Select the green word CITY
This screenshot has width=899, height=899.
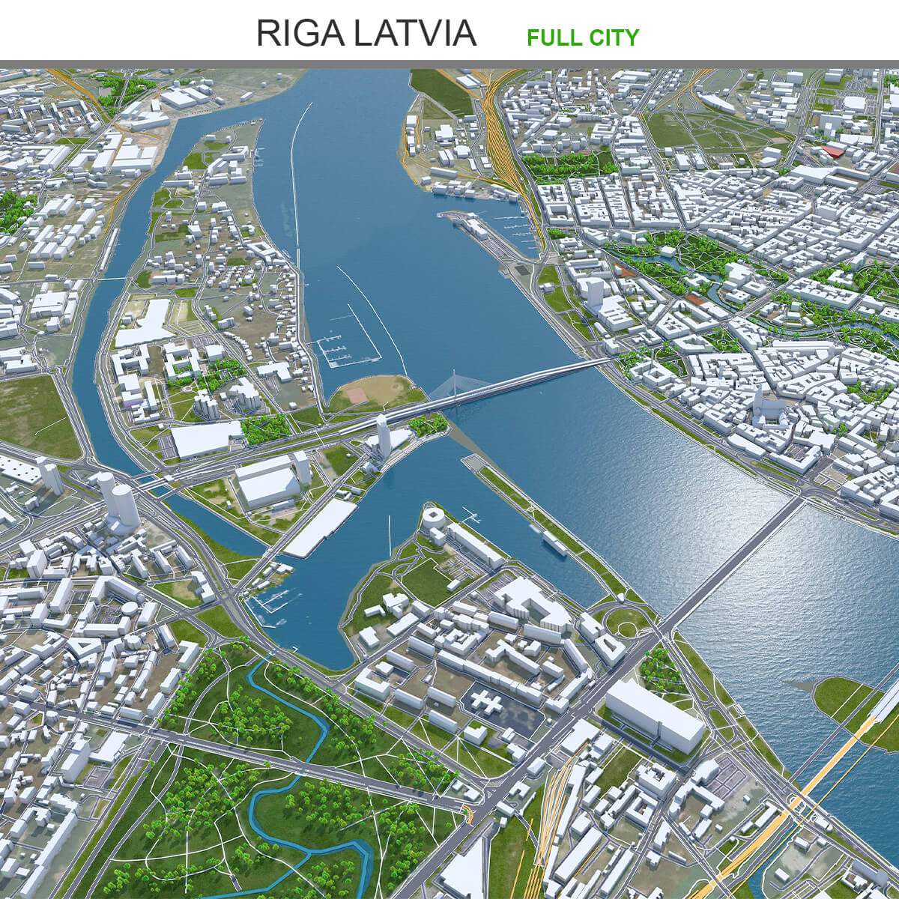(611, 37)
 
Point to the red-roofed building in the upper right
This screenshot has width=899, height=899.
(832, 152)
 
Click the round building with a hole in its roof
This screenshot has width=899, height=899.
(432, 517)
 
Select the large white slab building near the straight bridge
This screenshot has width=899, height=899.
(654, 715)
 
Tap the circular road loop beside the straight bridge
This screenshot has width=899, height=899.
(626, 621)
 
